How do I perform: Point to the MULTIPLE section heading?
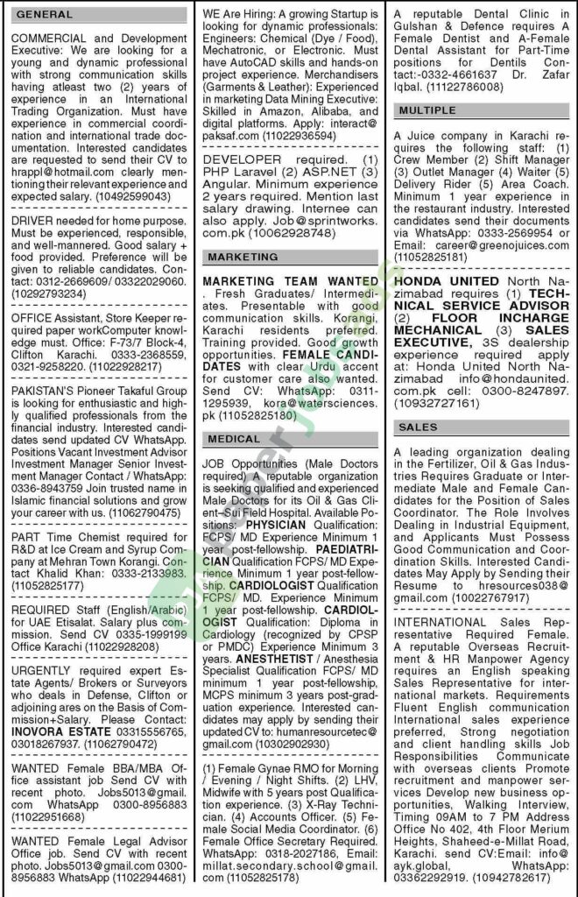tap(426, 111)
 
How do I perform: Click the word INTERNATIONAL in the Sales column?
tap(440, 621)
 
